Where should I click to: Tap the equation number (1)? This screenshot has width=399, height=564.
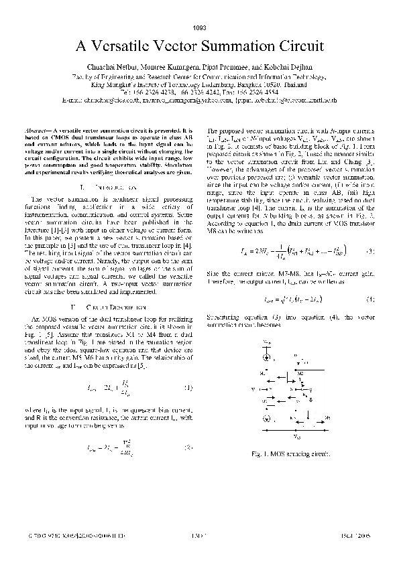click(189, 388)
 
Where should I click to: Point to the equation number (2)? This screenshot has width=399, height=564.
click(189, 447)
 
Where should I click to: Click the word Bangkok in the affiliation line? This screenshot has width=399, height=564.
click(260, 84)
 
